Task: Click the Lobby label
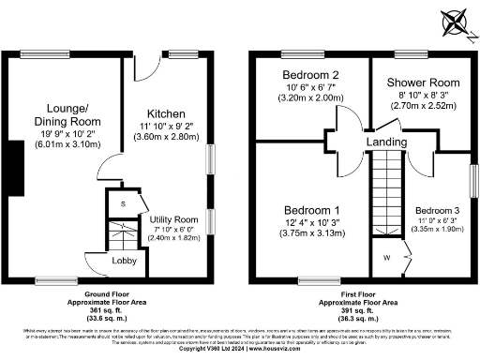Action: point(125,261)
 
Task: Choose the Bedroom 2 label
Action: point(308,74)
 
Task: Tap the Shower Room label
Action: point(420,82)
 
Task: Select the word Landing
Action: point(387,141)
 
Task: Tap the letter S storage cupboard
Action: point(122,203)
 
